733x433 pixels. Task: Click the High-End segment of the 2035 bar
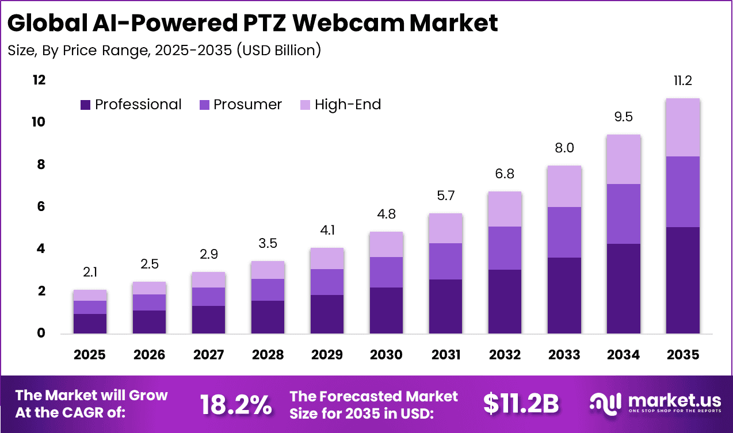(x=682, y=128)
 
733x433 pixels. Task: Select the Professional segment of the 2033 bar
(x=564, y=295)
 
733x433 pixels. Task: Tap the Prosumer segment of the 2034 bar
(x=623, y=214)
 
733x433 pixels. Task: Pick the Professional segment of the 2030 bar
(x=386, y=310)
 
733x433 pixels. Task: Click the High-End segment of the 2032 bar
(x=505, y=209)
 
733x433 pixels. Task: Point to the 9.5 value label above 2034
(x=623, y=117)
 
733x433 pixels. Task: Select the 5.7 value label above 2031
(x=445, y=196)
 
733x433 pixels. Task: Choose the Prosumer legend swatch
(x=205, y=105)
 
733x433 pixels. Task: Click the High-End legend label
(x=348, y=105)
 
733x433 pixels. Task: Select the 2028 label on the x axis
(x=268, y=355)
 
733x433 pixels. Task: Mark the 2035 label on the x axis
(x=682, y=355)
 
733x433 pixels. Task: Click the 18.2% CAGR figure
(x=236, y=404)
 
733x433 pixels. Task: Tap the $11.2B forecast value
(x=521, y=404)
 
